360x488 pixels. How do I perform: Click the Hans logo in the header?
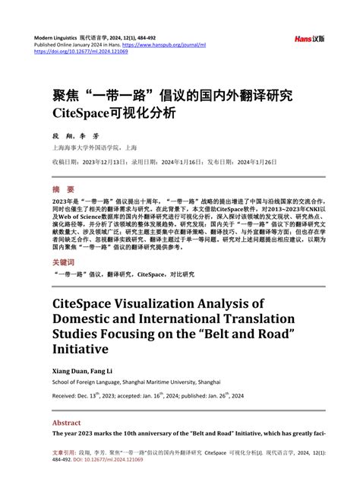(309, 38)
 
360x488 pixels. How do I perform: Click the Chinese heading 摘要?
(63, 189)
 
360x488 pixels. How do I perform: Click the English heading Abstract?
(67, 423)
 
